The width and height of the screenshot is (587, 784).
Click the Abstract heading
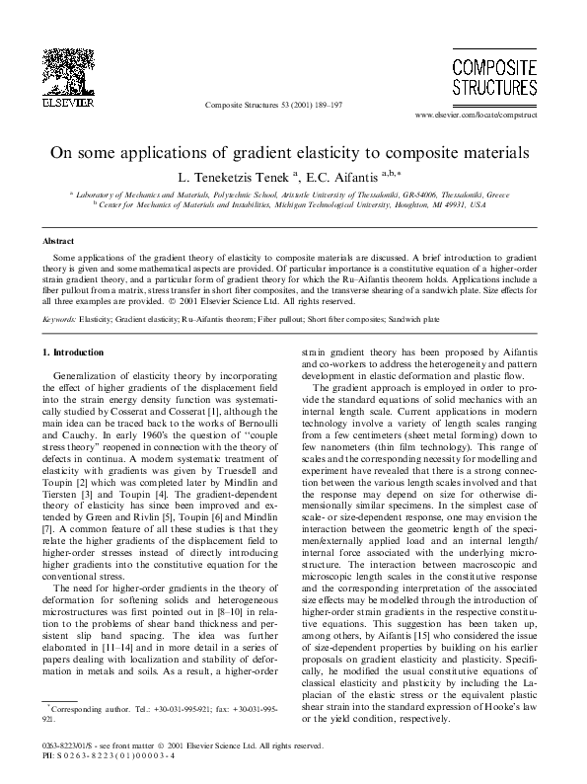pyautogui.click(x=58, y=240)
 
